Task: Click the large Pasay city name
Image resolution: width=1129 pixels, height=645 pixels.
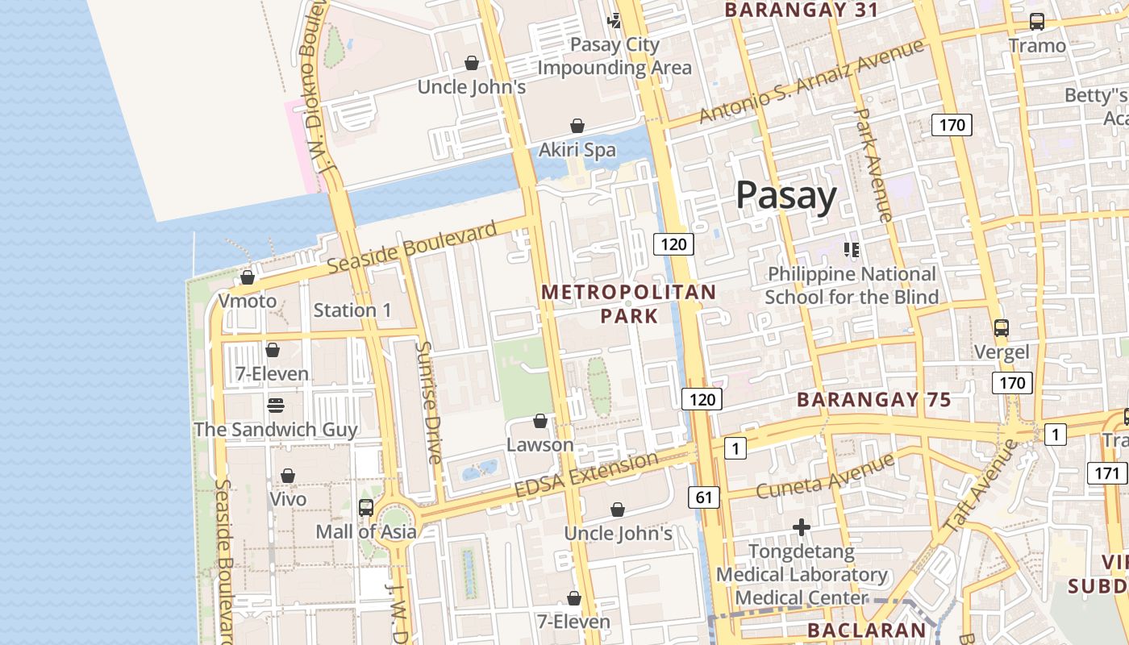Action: coord(786,196)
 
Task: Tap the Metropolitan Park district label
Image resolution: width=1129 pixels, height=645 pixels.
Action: coord(629,303)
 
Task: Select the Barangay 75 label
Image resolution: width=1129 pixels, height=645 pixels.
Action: coord(874,400)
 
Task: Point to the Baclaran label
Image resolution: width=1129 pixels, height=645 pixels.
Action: coord(867,630)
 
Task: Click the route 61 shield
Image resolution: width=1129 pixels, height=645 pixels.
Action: coord(704,497)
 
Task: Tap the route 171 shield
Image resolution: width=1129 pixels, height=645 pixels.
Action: coord(1108,472)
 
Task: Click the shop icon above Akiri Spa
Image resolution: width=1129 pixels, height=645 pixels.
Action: coord(577,126)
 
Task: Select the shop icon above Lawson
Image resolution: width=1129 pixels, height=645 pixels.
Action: coord(540,421)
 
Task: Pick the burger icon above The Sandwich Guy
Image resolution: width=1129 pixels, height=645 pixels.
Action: coord(276,405)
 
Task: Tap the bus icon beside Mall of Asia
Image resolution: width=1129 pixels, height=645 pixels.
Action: coord(366,507)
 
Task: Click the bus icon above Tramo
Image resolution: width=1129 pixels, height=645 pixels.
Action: coord(1037,22)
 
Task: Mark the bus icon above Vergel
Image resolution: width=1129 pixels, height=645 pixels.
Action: coord(1002,328)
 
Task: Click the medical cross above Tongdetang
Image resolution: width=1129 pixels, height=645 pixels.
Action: coord(802,527)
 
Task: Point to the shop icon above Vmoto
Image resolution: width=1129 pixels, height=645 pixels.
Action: coord(248,277)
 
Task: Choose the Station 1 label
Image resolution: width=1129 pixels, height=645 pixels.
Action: coord(352,310)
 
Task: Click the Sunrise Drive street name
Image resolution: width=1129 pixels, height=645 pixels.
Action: coord(428,402)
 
